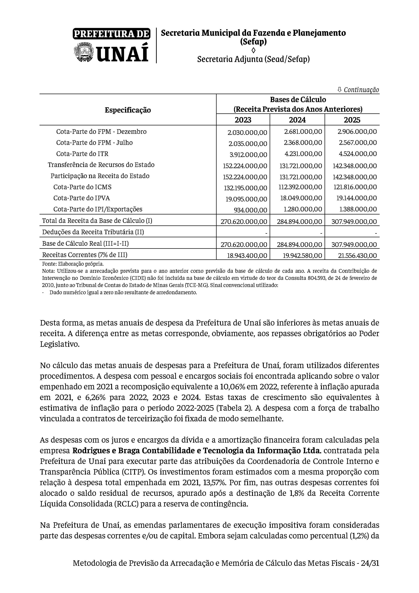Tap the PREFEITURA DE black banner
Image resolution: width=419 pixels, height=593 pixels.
click(x=111, y=34)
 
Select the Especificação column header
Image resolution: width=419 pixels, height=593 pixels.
click(x=128, y=110)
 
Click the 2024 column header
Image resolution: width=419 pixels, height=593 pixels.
click(x=297, y=120)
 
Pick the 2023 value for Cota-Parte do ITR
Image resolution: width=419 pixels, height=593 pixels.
click(x=248, y=155)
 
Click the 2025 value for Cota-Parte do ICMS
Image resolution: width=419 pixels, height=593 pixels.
click(x=355, y=187)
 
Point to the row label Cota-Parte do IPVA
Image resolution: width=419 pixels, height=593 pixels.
click(x=82, y=198)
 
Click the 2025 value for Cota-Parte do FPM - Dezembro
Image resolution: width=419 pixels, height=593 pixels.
click(x=357, y=132)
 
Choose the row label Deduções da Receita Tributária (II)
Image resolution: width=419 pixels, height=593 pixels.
click(x=93, y=232)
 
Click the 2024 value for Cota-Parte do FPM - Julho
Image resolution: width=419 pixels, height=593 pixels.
click(x=303, y=143)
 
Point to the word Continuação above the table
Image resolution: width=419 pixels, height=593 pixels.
click(x=361, y=90)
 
